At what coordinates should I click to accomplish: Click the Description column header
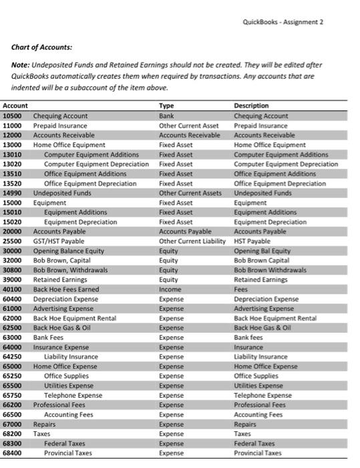251,106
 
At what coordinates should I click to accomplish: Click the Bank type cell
166,116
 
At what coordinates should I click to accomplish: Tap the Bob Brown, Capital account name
63,260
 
